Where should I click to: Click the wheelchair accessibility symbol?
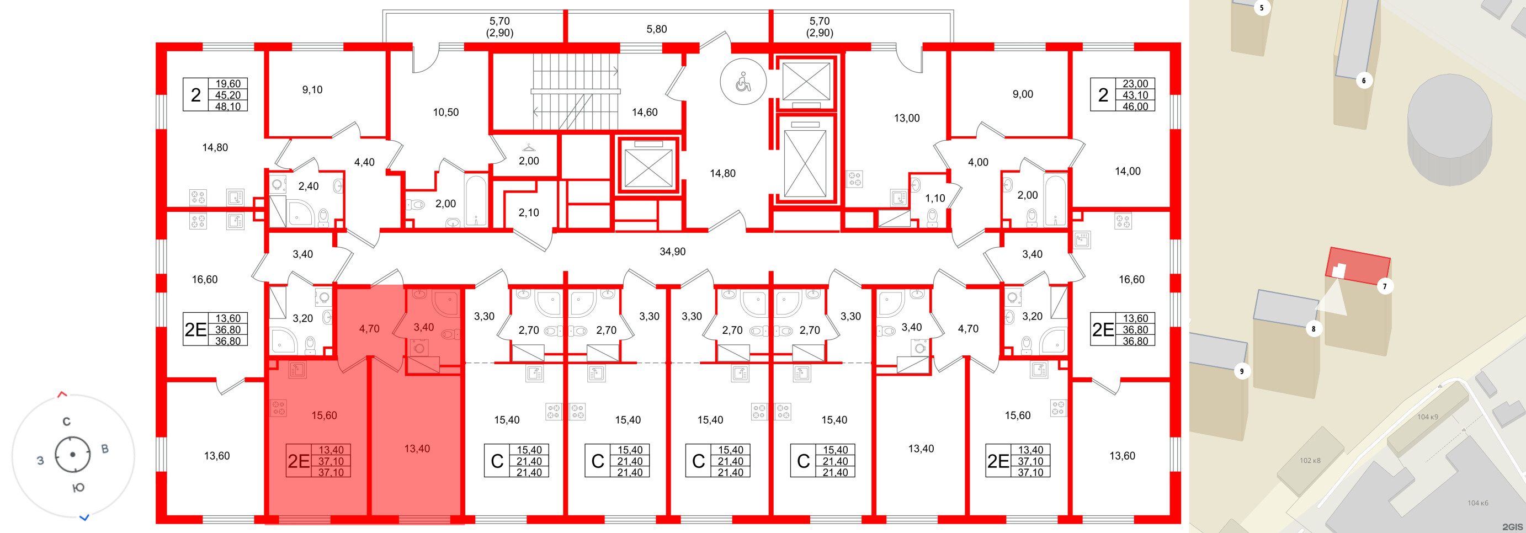(743, 82)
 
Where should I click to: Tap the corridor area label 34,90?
(672, 252)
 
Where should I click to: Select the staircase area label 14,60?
(645, 112)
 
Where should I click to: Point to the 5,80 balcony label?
(656, 29)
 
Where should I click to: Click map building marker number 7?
(1384, 286)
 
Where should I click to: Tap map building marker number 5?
(1261, 8)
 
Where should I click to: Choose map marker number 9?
(1242, 371)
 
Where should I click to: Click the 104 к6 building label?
(1477, 503)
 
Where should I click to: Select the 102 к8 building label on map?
(1310, 460)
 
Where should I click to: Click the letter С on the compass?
(66, 422)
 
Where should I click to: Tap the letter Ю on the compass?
(78, 488)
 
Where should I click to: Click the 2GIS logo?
(1512, 526)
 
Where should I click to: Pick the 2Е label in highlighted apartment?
(299, 461)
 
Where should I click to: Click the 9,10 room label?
(312, 90)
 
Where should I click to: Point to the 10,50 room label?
(445, 112)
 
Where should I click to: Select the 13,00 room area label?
(906, 118)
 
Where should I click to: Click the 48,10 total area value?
(228, 106)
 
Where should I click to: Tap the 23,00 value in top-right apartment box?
(1135, 84)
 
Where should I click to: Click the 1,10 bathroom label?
(935, 199)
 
